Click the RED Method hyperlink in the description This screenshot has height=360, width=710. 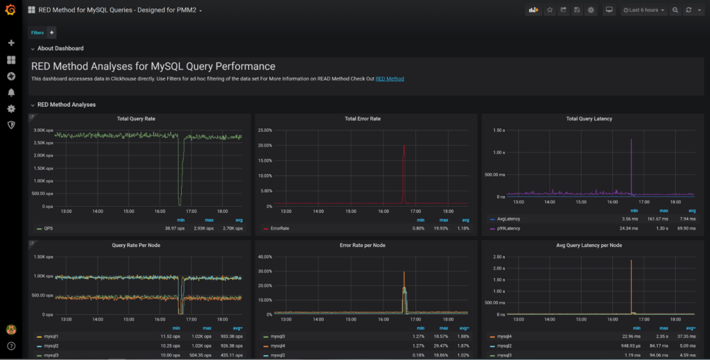tap(390, 79)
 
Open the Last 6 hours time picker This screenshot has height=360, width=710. tap(643, 10)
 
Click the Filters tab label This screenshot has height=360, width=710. tap(37, 33)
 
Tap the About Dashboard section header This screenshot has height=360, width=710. tap(60, 49)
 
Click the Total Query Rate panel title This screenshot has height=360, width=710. tap(136, 119)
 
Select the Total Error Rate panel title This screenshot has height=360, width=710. tap(363, 119)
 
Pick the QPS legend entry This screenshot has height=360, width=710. tap(49, 228)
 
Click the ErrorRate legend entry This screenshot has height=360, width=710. tap(279, 228)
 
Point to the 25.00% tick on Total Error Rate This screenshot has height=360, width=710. tap(264, 130)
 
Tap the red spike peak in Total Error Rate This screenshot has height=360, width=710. tap(404, 146)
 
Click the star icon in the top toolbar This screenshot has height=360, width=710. tap(550, 10)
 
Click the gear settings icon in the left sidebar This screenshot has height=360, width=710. tap(11, 109)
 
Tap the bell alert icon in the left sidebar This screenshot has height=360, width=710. tap(11, 92)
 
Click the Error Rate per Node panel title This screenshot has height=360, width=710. tap(363, 245)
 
